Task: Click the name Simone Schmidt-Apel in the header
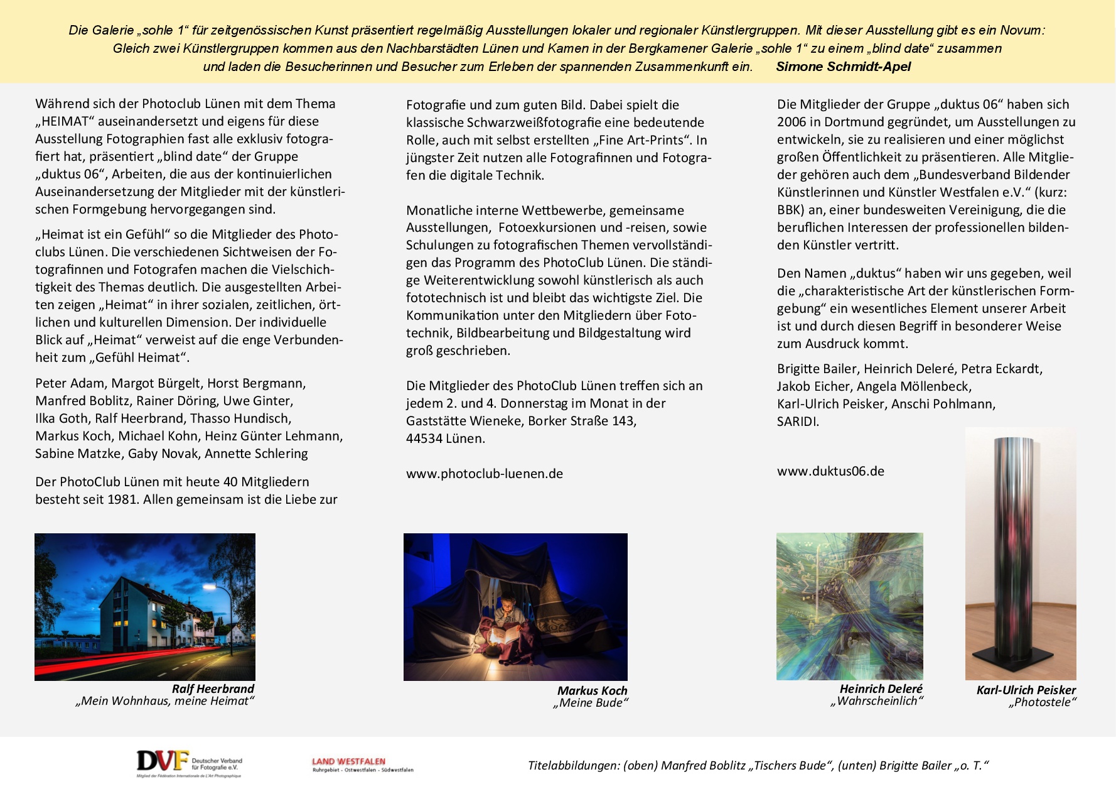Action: pyautogui.click(x=843, y=67)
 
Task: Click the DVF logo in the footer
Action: pyautogui.click(x=188, y=763)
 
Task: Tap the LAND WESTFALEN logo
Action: pyautogui.click(x=362, y=764)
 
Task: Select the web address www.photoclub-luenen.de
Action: pyautogui.click(x=484, y=474)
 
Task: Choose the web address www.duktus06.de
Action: pyautogui.click(x=830, y=471)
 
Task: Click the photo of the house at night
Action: pyautogui.click(x=144, y=606)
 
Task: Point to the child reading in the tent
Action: pyautogui.click(x=505, y=619)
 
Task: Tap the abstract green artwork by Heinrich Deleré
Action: pyautogui.click(x=849, y=606)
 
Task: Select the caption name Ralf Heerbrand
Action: pyautogui.click(x=213, y=688)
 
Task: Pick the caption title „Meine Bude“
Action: pyautogui.click(x=590, y=703)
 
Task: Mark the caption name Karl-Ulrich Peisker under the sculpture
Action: pyautogui.click(x=1026, y=690)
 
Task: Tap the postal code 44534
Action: pyautogui.click(x=424, y=438)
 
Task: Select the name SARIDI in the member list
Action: pyautogui.click(x=797, y=421)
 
